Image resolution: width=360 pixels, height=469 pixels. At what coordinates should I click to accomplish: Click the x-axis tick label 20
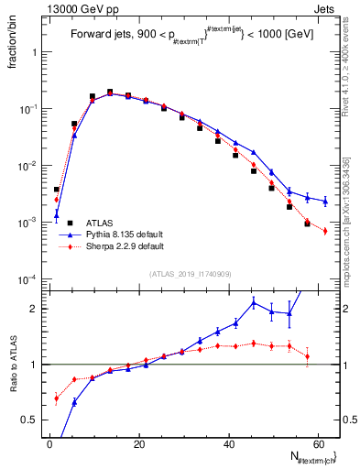pos(139,444)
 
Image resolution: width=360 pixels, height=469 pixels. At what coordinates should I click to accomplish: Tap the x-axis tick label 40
pos(229,444)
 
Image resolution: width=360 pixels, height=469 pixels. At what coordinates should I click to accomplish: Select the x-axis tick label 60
pos(318,444)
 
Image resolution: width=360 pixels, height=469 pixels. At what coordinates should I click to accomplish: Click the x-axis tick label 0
pos(50,444)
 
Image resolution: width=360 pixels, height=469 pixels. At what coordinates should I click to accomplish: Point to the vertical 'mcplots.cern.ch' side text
pos(345,220)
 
